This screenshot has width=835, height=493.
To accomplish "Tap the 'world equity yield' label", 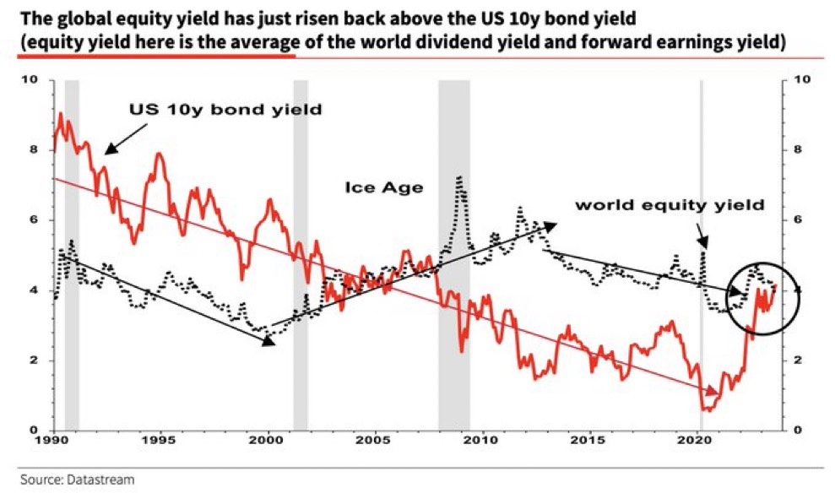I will click(670, 204).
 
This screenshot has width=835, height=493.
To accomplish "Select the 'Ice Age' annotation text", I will click(383, 187).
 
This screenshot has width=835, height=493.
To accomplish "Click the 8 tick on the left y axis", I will click(33, 150).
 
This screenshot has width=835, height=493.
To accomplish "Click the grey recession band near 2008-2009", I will click(453, 253).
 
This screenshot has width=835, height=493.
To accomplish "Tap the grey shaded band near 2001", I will click(300, 253).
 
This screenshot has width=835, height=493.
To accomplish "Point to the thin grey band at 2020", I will click(701, 253).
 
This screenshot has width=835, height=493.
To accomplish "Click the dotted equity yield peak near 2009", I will click(458, 178).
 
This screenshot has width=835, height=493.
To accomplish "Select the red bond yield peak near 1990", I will click(60, 113).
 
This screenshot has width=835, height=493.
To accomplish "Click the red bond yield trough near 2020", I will click(708, 409).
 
